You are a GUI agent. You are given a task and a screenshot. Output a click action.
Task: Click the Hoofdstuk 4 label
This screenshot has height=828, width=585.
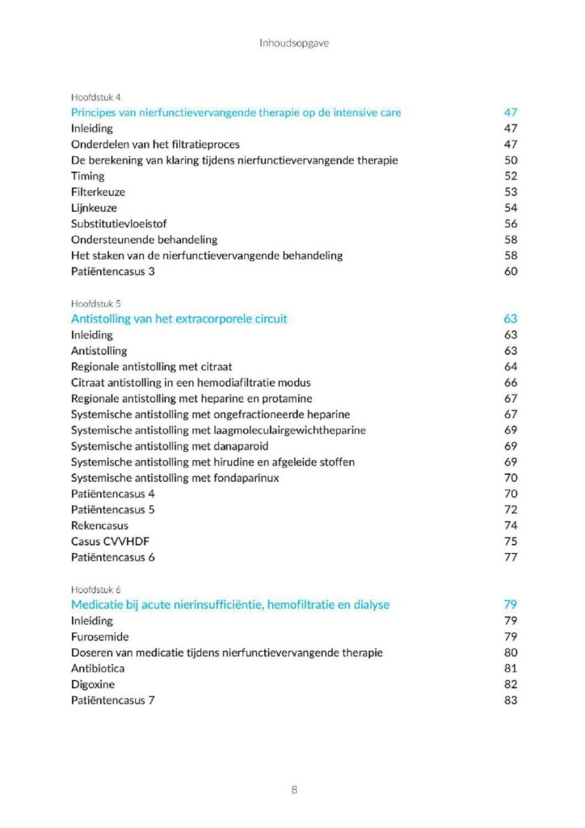click(x=96, y=97)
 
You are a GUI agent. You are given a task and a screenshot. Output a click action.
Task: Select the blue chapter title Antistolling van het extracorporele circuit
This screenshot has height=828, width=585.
click(x=179, y=319)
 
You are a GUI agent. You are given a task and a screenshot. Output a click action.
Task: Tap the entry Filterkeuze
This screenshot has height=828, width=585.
click(x=98, y=192)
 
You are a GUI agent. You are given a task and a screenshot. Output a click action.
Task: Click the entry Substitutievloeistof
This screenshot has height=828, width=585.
click(x=119, y=223)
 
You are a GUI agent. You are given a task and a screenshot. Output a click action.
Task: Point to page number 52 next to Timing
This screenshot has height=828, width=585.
click(x=510, y=175)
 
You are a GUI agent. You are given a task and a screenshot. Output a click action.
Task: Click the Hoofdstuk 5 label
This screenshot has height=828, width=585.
click(x=96, y=303)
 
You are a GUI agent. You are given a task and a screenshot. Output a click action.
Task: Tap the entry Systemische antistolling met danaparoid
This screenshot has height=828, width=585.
click(x=170, y=446)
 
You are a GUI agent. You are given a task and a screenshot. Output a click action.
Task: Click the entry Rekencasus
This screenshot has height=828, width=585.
click(x=99, y=526)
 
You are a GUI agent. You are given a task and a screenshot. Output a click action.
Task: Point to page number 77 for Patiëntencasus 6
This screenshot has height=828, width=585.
click(x=510, y=557)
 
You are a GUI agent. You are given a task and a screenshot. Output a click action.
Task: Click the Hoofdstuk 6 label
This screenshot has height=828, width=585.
click(x=96, y=589)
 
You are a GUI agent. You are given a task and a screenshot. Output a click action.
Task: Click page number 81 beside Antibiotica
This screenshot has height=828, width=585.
click(x=510, y=668)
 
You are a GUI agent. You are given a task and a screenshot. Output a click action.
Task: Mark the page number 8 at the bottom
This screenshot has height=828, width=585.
click(x=294, y=789)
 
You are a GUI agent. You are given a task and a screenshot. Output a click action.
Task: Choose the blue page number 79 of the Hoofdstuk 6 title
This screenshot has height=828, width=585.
click(x=510, y=605)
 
